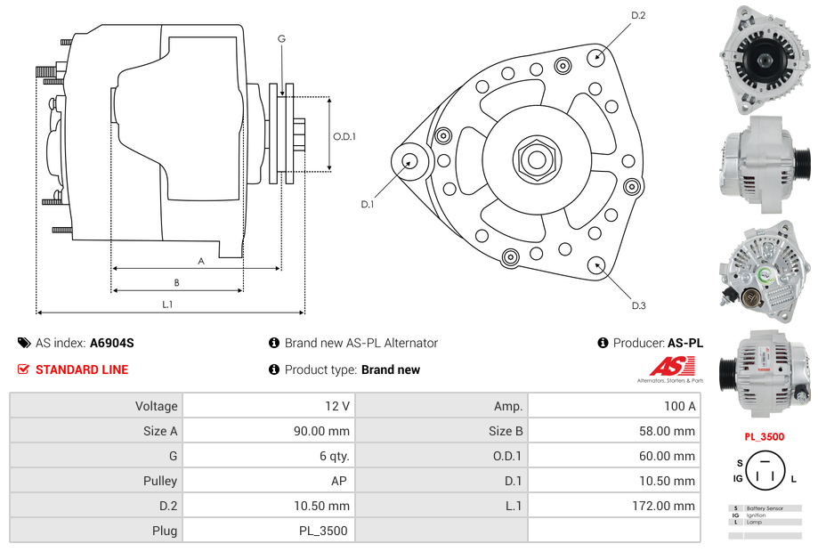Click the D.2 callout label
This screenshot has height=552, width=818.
pyautogui.click(x=638, y=15)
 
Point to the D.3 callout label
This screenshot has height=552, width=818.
pyautogui.click(x=638, y=305)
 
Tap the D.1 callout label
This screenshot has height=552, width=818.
pyautogui.click(x=367, y=204)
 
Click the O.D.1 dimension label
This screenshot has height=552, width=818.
pyautogui.click(x=344, y=136)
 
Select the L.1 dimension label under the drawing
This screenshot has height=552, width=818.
pyautogui.click(x=166, y=304)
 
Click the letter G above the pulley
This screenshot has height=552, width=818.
pyautogui.click(x=281, y=38)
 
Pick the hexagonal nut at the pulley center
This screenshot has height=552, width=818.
pyautogui.click(x=536, y=160)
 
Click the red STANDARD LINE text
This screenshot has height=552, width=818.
pyautogui.click(x=82, y=369)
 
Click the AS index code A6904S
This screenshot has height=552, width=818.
pyautogui.click(x=111, y=343)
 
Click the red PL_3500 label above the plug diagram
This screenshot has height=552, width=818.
pyautogui.click(x=765, y=436)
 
